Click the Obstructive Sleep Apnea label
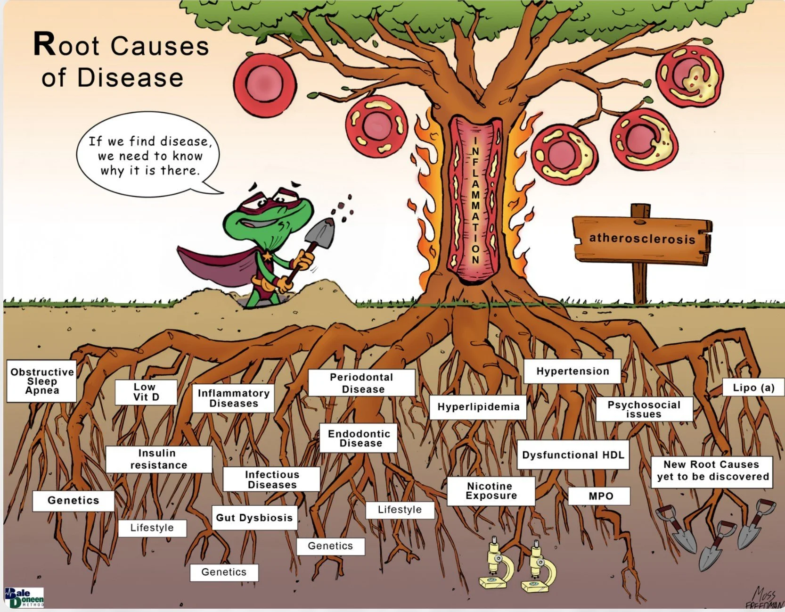41,381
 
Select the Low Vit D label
146,392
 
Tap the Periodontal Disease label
362,383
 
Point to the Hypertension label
572,371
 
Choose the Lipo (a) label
753,388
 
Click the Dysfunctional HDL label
573,455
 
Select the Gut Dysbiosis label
254,518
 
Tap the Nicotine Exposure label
491,491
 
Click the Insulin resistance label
158,459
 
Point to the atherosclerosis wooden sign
642,238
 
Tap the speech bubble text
150,156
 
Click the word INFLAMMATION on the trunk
475,200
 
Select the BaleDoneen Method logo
24,597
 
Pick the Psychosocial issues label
644,409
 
